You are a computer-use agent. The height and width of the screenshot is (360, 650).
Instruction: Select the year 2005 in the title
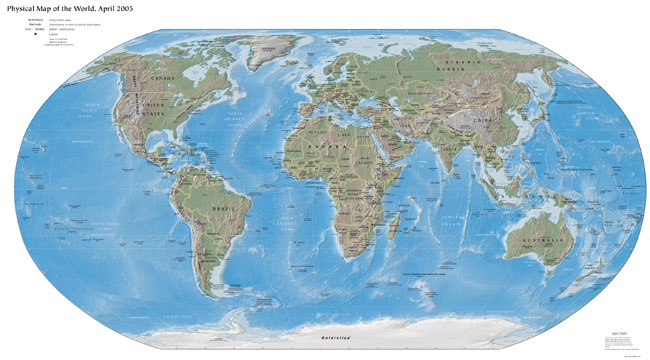coord(149,8)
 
